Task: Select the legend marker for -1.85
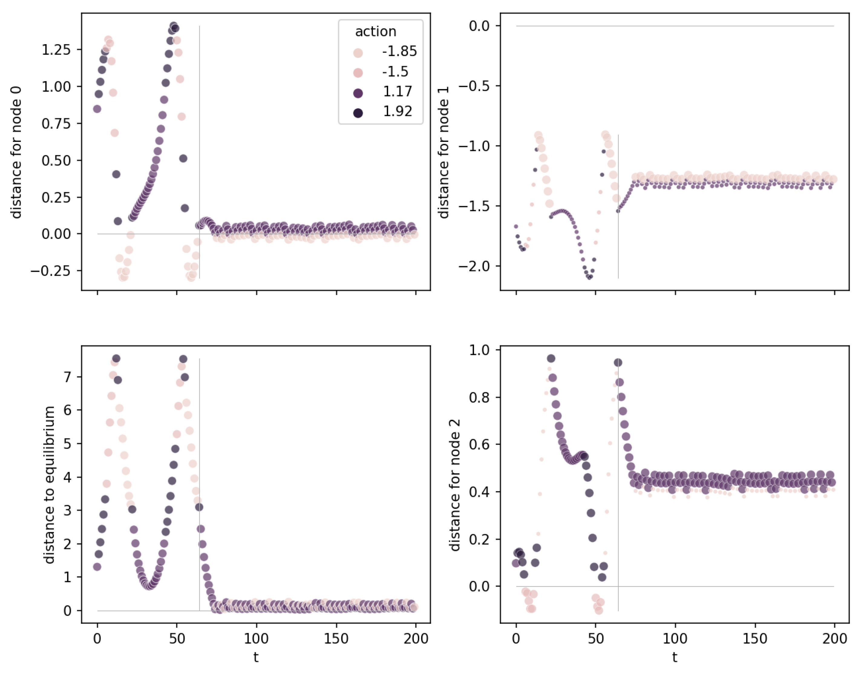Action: pos(358,53)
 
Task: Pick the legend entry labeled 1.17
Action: pos(397,92)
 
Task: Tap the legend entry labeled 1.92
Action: pos(397,112)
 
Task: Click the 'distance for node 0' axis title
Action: pos(16,152)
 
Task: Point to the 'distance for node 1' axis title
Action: pos(444,152)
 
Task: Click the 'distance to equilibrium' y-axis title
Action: pos(49,484)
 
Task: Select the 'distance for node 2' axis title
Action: pos(455,484)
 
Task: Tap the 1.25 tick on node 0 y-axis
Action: pos(56,50)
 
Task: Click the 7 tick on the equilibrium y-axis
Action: pos(68,377)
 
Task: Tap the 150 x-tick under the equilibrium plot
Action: pos(336,639)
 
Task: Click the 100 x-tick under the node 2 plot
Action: pos(675,639)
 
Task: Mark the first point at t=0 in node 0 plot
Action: pos(97,109)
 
